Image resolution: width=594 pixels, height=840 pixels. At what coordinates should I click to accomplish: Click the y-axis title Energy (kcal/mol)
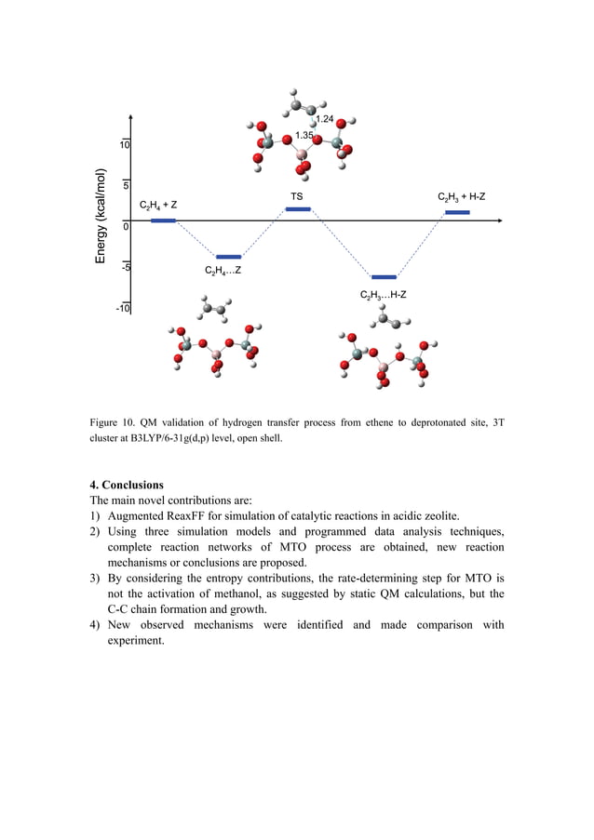coord(101,216)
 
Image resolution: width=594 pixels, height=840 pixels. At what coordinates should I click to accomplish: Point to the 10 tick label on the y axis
coord(123,146)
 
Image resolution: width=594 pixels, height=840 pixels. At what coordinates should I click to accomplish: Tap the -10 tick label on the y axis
coord(122,308)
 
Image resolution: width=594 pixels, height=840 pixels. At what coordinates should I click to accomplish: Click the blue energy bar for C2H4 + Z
coord(163,220)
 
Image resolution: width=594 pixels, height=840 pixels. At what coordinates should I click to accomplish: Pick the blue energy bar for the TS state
coord(298,209)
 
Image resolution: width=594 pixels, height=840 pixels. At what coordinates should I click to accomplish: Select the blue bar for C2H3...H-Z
coord(384,277)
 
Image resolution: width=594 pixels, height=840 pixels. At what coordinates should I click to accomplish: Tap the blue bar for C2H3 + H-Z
coord(457,213)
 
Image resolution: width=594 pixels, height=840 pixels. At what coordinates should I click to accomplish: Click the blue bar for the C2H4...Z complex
coord(228,257)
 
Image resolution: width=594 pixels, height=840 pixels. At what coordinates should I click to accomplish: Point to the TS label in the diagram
coord(296,197)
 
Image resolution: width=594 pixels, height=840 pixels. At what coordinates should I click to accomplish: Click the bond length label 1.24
coord(325,120)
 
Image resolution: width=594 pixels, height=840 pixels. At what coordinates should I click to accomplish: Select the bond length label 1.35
coord(304,136)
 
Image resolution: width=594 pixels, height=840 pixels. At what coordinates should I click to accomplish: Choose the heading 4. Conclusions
coord(127,485)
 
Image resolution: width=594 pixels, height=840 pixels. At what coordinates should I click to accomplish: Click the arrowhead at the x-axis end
coord(507,221)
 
